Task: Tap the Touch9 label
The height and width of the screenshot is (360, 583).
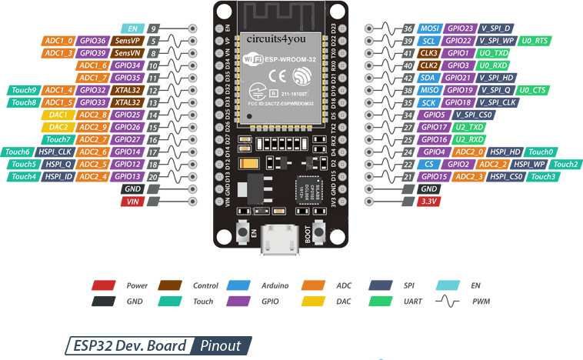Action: pyautogui.click(x=22, y=90)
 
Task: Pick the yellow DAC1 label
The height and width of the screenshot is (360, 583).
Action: pyautogui.click(x=57, y=115)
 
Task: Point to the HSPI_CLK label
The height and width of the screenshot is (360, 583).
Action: pyautogui.click(x=57, y=152)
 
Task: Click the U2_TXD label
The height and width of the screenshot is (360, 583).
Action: pyautogui.click(x=466, y=126)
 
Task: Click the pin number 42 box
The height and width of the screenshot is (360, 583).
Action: pyautogui.click(x=408, y=78)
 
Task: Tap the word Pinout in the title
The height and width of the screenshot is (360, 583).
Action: pyautogui.click(x=221, y=345)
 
